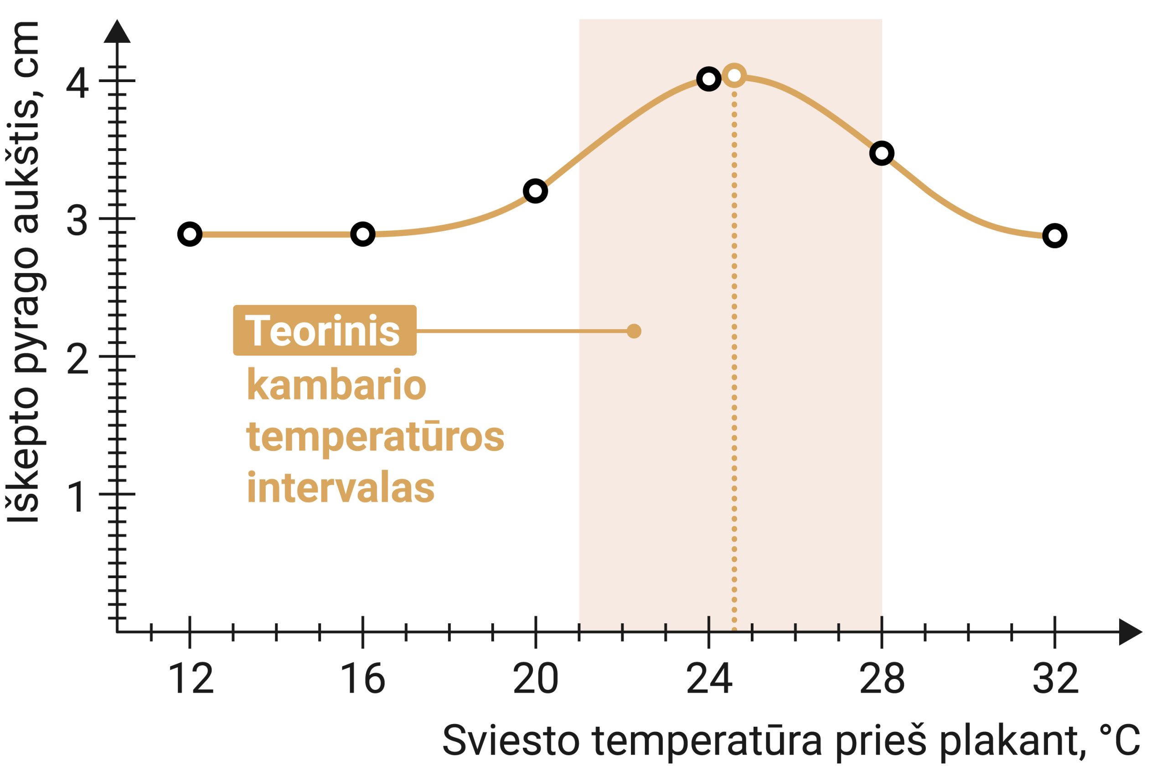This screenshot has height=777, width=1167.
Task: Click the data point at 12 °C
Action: click(x=190, y=234)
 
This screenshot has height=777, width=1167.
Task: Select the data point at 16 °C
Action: click(x=362, y=234)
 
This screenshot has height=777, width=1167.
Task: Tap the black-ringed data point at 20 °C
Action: click(x=536, y=191)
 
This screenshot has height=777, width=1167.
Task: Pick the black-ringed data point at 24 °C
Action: click(x=708, y=79)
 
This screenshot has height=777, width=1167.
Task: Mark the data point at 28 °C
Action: click(x=882, y=153)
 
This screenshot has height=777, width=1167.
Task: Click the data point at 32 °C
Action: click(x=1054, y=235)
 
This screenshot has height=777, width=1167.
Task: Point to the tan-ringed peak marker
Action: click(x=734, y=75)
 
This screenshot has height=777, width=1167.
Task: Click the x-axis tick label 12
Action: click(x=191, y=679)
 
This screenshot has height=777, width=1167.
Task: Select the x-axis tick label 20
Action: click(x=536, y=679)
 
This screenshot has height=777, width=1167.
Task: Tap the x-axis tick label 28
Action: click(x=882, y=679)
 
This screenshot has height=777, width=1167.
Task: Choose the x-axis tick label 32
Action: click(x=1055, y=679)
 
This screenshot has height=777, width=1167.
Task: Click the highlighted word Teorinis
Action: click(x=323, y=331)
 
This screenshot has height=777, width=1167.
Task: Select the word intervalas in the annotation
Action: click(x=340, y=487)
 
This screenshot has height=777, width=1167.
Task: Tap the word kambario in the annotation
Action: click(x=336, y=385)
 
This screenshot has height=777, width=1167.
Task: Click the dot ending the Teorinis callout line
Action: click(x=634, y=331)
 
